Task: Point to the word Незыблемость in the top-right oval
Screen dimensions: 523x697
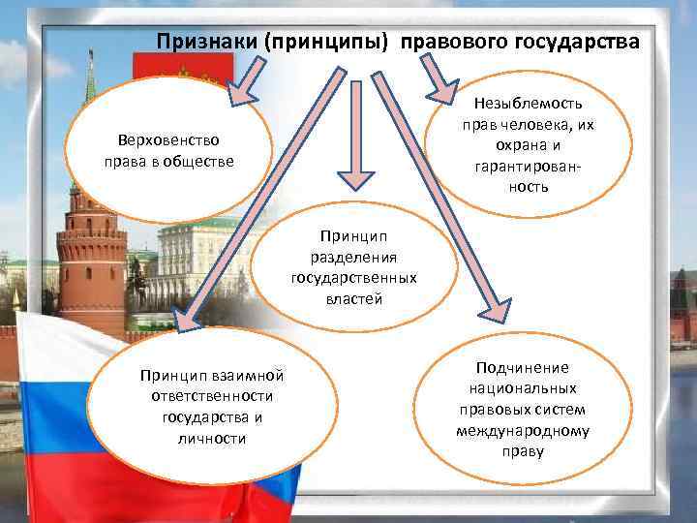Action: (x=528, y=104)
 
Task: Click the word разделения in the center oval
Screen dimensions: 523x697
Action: (x=353, y=256)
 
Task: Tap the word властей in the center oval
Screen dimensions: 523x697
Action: (x=353, y=298)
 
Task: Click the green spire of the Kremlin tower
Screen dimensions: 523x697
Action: (x=90, y=82)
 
